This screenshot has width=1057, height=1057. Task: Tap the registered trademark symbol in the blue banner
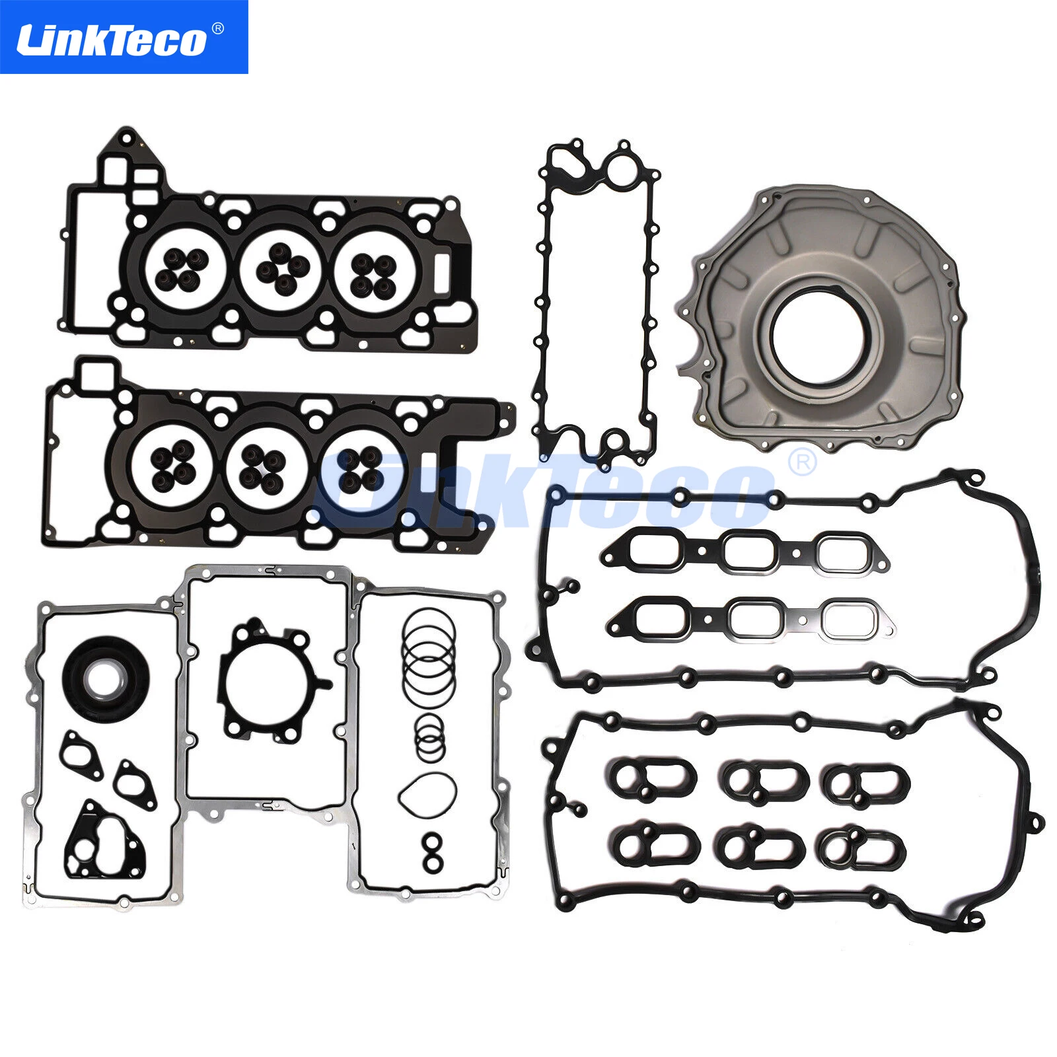point(218,28)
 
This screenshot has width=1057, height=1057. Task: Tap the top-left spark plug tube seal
point(651,780)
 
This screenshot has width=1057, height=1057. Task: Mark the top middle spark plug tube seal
point(763,780)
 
